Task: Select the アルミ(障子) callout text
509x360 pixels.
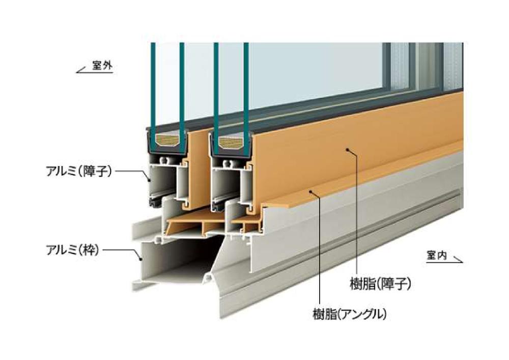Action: (78, 170)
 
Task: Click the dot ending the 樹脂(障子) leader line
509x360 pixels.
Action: (347, 150)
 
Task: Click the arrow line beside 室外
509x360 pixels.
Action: (83, 71)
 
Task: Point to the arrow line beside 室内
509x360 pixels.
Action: (456, 260)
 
